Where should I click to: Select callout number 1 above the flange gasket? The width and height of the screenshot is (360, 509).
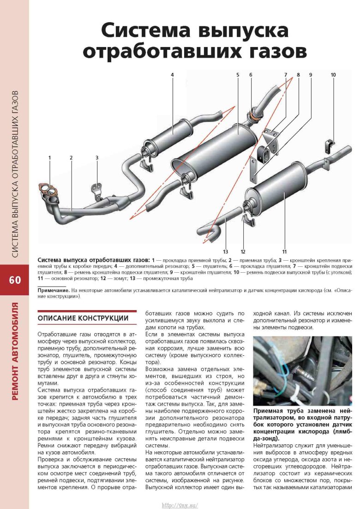49,158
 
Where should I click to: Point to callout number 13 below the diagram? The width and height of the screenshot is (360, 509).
225,252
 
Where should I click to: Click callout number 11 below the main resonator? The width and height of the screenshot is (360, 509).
285,252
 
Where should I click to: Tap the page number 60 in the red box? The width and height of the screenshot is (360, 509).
14,281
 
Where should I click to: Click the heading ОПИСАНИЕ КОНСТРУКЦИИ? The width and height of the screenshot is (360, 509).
83,318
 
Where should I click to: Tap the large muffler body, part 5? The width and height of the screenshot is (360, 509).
217,148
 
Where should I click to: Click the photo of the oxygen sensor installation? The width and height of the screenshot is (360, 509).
303,371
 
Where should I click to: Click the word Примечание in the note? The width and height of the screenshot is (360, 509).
53,291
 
